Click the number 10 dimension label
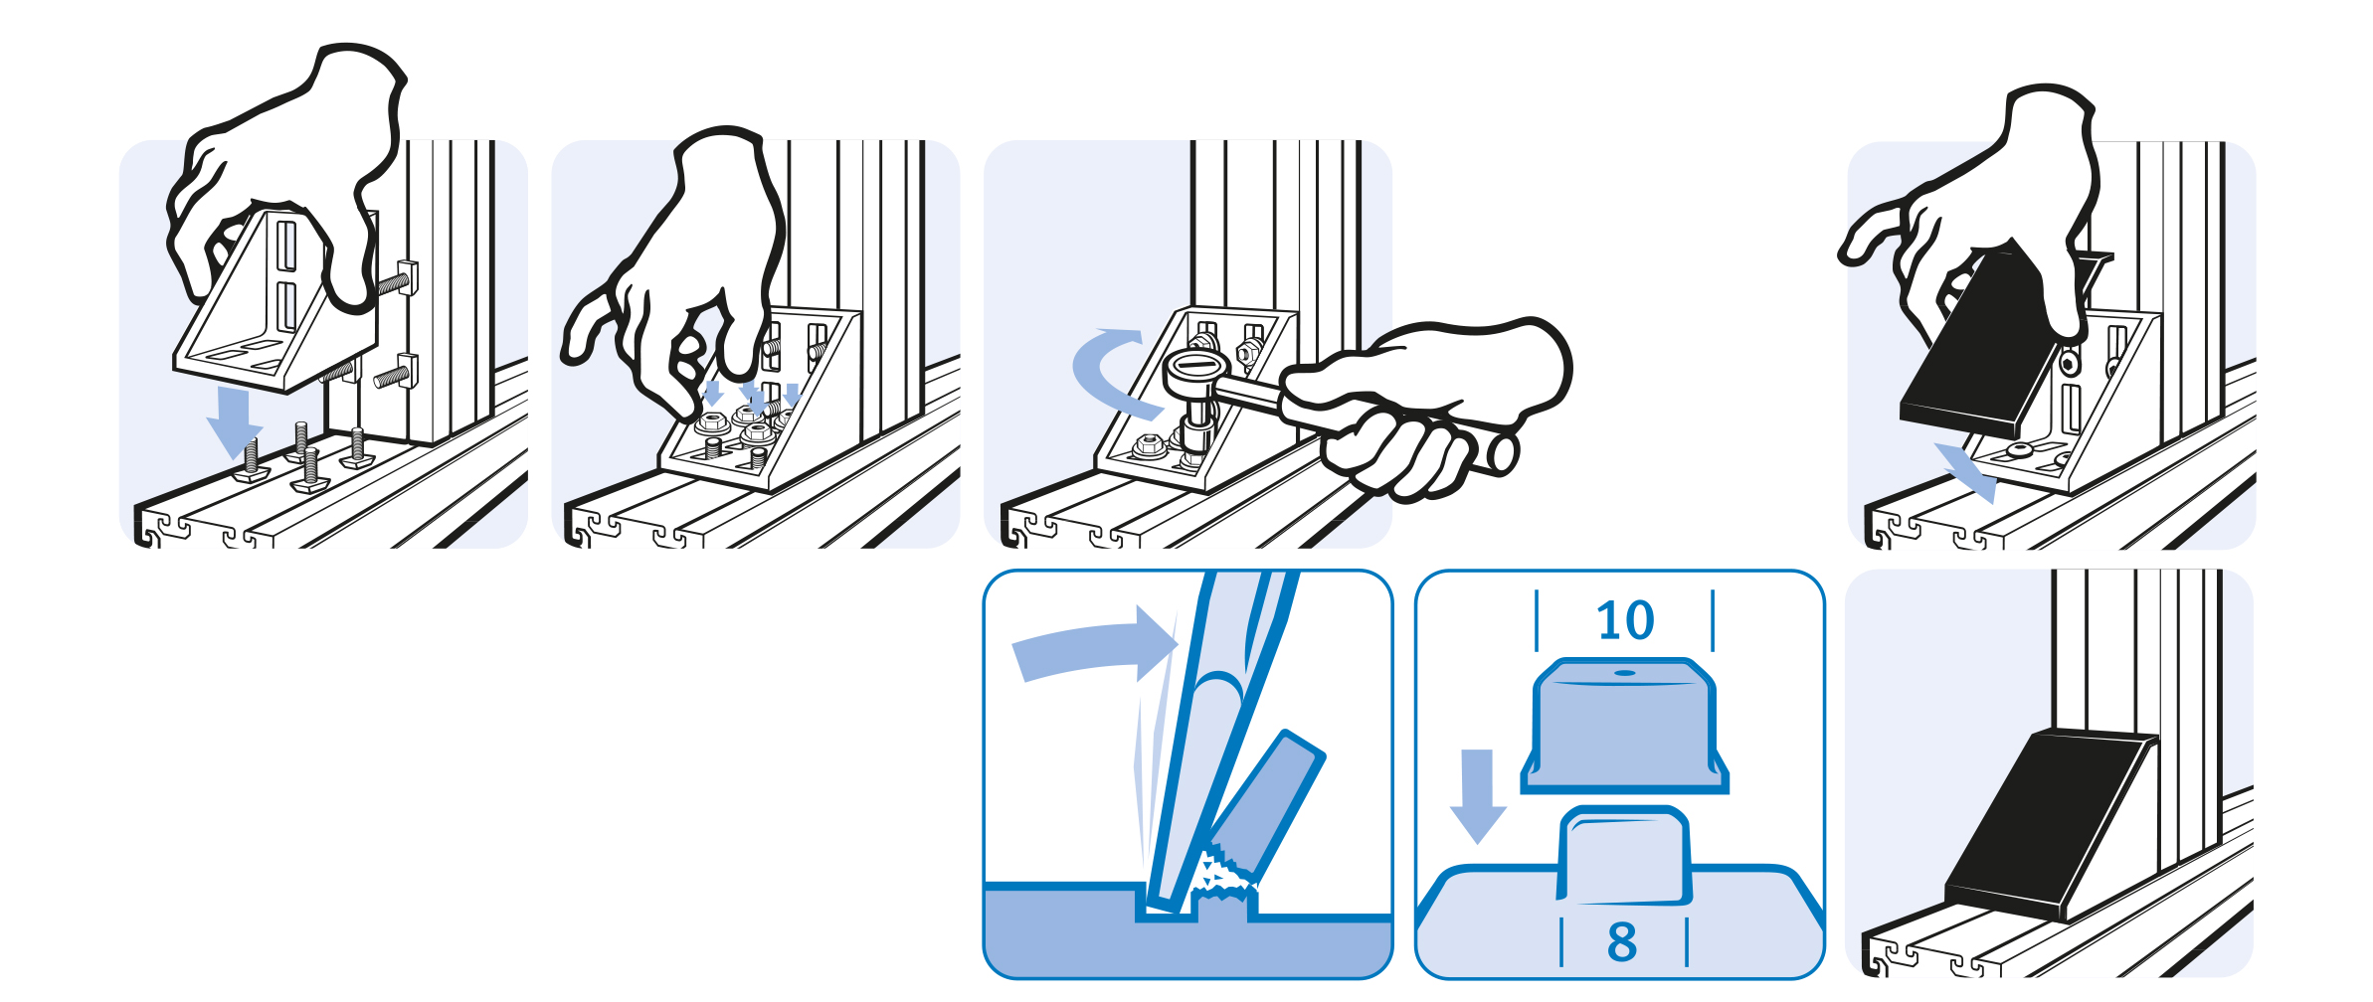click(1625, 620)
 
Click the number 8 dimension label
click(1622, 941)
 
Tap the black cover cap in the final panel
click(2049, 825)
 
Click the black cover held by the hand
click(1979, 343)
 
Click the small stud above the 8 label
click(1624, 857)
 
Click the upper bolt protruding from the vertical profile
click(398, 280)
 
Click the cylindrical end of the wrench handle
click(1497, 453)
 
